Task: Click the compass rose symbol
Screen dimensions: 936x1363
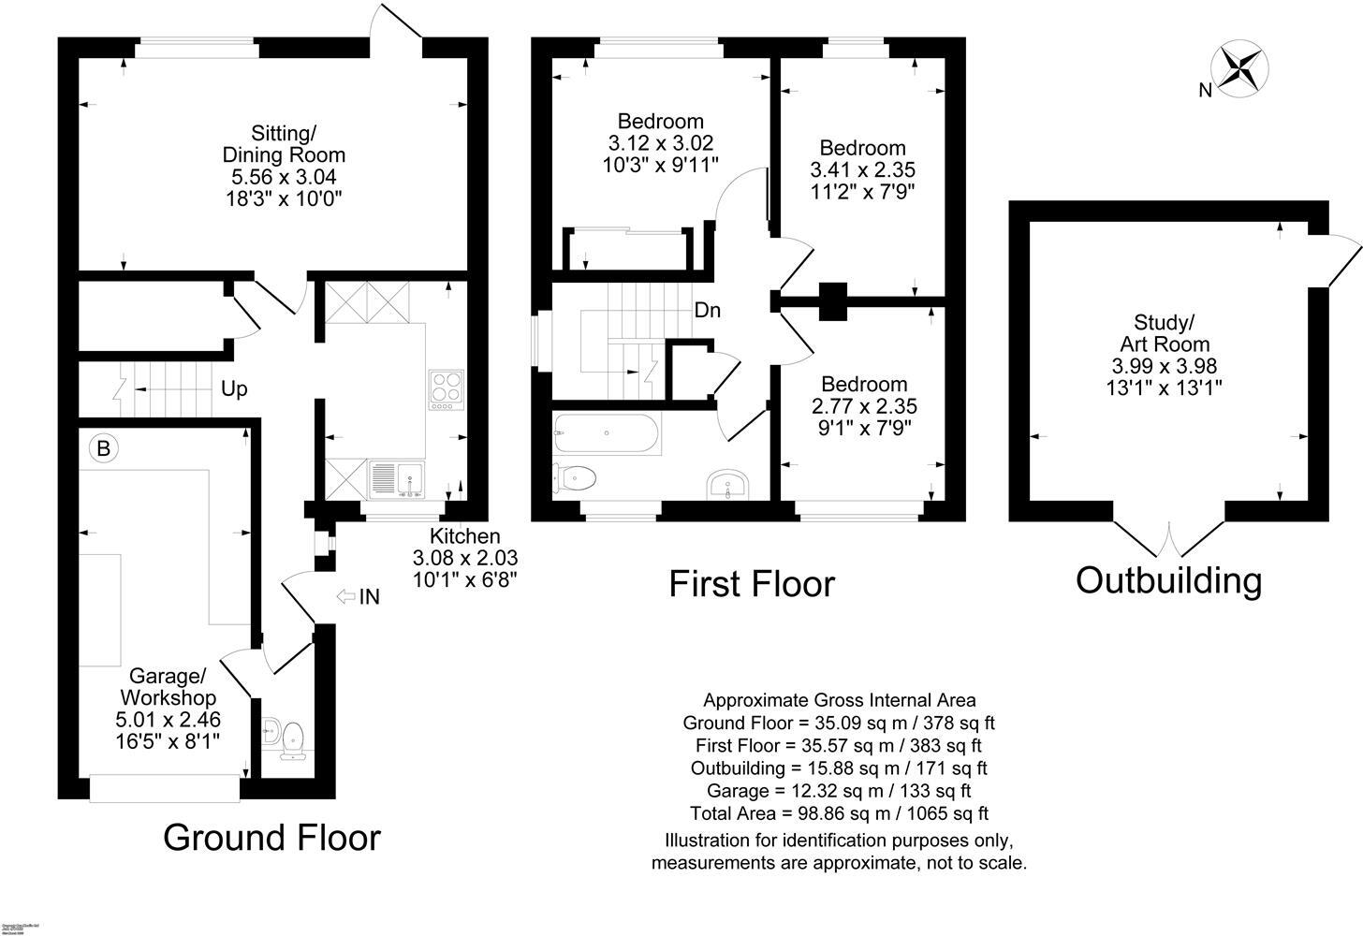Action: point(1240,68)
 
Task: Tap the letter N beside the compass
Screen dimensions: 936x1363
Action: point(1206,90)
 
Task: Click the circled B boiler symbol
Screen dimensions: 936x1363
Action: point(104,448)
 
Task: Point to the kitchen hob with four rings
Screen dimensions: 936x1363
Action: point(446,390)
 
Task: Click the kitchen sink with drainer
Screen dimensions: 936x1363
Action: point(398,478)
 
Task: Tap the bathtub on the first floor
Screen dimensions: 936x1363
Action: point(607,432)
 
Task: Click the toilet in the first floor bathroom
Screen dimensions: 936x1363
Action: point(575,477)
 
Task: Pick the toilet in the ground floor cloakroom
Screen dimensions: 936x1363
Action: point(293,737)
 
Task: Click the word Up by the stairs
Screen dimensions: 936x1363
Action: point(234,388)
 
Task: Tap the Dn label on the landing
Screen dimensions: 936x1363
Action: point(707,310)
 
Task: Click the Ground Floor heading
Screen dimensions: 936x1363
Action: point(271,837)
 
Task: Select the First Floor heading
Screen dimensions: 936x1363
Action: point(751,583)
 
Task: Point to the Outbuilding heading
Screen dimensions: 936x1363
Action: point(1168,580)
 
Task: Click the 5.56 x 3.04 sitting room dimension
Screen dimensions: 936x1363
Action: point(284,176)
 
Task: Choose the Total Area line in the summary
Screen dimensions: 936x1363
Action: point(839,813)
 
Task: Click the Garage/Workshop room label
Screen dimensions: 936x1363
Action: point(168,686)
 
